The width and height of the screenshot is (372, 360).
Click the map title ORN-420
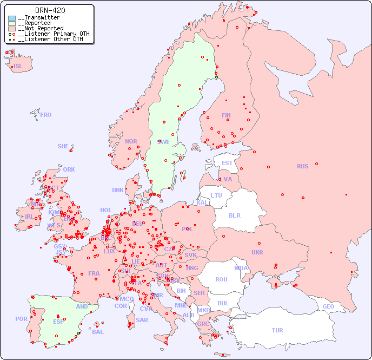[x=50, y=10]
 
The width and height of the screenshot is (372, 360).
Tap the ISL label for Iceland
[x=18, y=67]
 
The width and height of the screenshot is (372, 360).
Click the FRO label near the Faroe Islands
[x=46, y=115]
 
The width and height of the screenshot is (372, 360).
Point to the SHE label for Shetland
[x=63, y=146]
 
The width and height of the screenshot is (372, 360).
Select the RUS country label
[x=302, y=166]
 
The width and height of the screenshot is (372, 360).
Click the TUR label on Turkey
[x=277, y=330]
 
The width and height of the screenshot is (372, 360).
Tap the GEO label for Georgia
[x=328, y=306]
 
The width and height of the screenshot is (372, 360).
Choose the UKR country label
[x=257, y=252]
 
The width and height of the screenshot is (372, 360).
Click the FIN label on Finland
[x=226, y=115]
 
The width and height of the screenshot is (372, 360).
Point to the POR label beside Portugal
[x=21, y=319]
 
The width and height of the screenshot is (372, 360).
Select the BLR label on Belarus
[x=234, y=215]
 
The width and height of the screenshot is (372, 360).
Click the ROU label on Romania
[x=221, y=279]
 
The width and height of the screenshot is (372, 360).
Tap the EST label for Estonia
[x=227, y=163]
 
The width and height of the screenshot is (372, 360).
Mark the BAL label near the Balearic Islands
[x=98, y=332]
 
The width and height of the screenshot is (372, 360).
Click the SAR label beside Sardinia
[x=142, y=320]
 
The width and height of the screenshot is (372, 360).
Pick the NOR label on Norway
[x=131, y=141]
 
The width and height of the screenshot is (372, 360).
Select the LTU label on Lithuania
[x=216, y=195]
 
